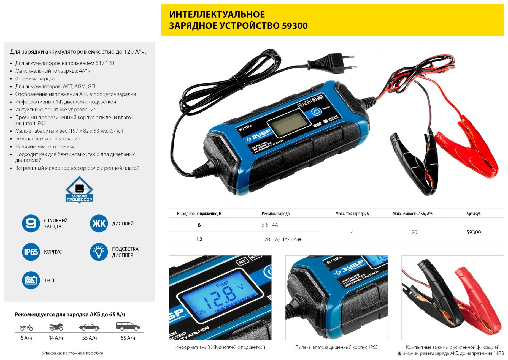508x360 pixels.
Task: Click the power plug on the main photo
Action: [x=333, y=63]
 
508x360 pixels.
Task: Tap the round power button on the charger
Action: [x=316, y=111]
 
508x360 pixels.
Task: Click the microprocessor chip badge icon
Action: [x=79, y=190]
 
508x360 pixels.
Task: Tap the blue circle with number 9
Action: [x=31, y=223]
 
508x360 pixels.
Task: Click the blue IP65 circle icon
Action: [x=31, y=252]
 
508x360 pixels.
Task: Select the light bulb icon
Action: [x=99, y=252]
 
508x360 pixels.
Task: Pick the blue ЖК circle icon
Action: [x=99, y=223]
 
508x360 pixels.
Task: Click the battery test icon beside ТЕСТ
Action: [x=31, y=280]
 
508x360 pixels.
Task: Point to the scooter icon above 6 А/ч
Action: [x=26, y=327]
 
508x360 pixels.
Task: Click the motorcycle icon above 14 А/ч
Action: [x=56, y=327]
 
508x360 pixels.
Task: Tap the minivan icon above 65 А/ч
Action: [x=128, y=326]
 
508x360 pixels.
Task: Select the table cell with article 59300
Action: [x=473, y=232]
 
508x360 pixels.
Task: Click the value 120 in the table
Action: [x=413, y=232]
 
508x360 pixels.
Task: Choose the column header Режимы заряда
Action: [x=275, y=214]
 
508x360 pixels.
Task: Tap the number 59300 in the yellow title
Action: [x=294, y=26]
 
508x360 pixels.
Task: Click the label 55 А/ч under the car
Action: [x=89, y=338]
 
